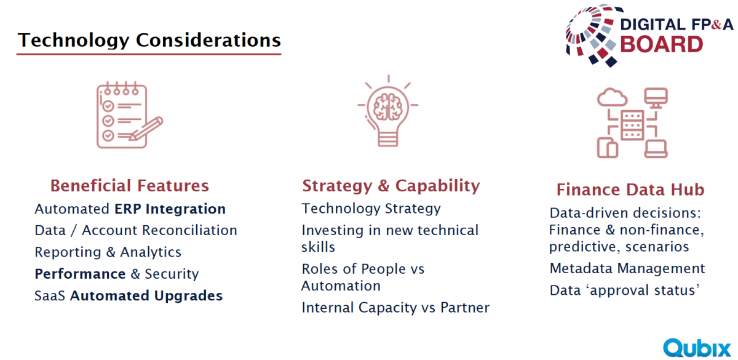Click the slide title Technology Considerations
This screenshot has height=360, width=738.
pos(149,40)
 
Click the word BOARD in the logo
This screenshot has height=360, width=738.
pos(662,44)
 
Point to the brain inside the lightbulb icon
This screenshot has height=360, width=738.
pos(388,106)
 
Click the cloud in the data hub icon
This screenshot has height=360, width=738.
pos(612,97)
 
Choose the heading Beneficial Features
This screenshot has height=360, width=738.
pos(130,186)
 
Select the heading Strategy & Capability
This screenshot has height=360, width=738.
pos(391,186)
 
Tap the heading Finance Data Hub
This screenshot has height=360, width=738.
pos(630,190)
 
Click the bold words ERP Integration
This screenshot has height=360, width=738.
pos(170,209)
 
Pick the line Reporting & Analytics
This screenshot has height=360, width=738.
pos(108,252)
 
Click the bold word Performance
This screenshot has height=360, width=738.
pos(80,274)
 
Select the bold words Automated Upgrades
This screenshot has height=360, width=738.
pos(146,296)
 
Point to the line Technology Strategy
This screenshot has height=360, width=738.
pos(371,209)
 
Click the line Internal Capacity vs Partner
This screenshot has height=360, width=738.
pos(395,308)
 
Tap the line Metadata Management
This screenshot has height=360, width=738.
pos(627,268)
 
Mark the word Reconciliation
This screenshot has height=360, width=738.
pos(189,230)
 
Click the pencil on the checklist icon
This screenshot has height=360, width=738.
pos(146,129)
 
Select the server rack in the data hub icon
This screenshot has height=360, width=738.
pos(632,126)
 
